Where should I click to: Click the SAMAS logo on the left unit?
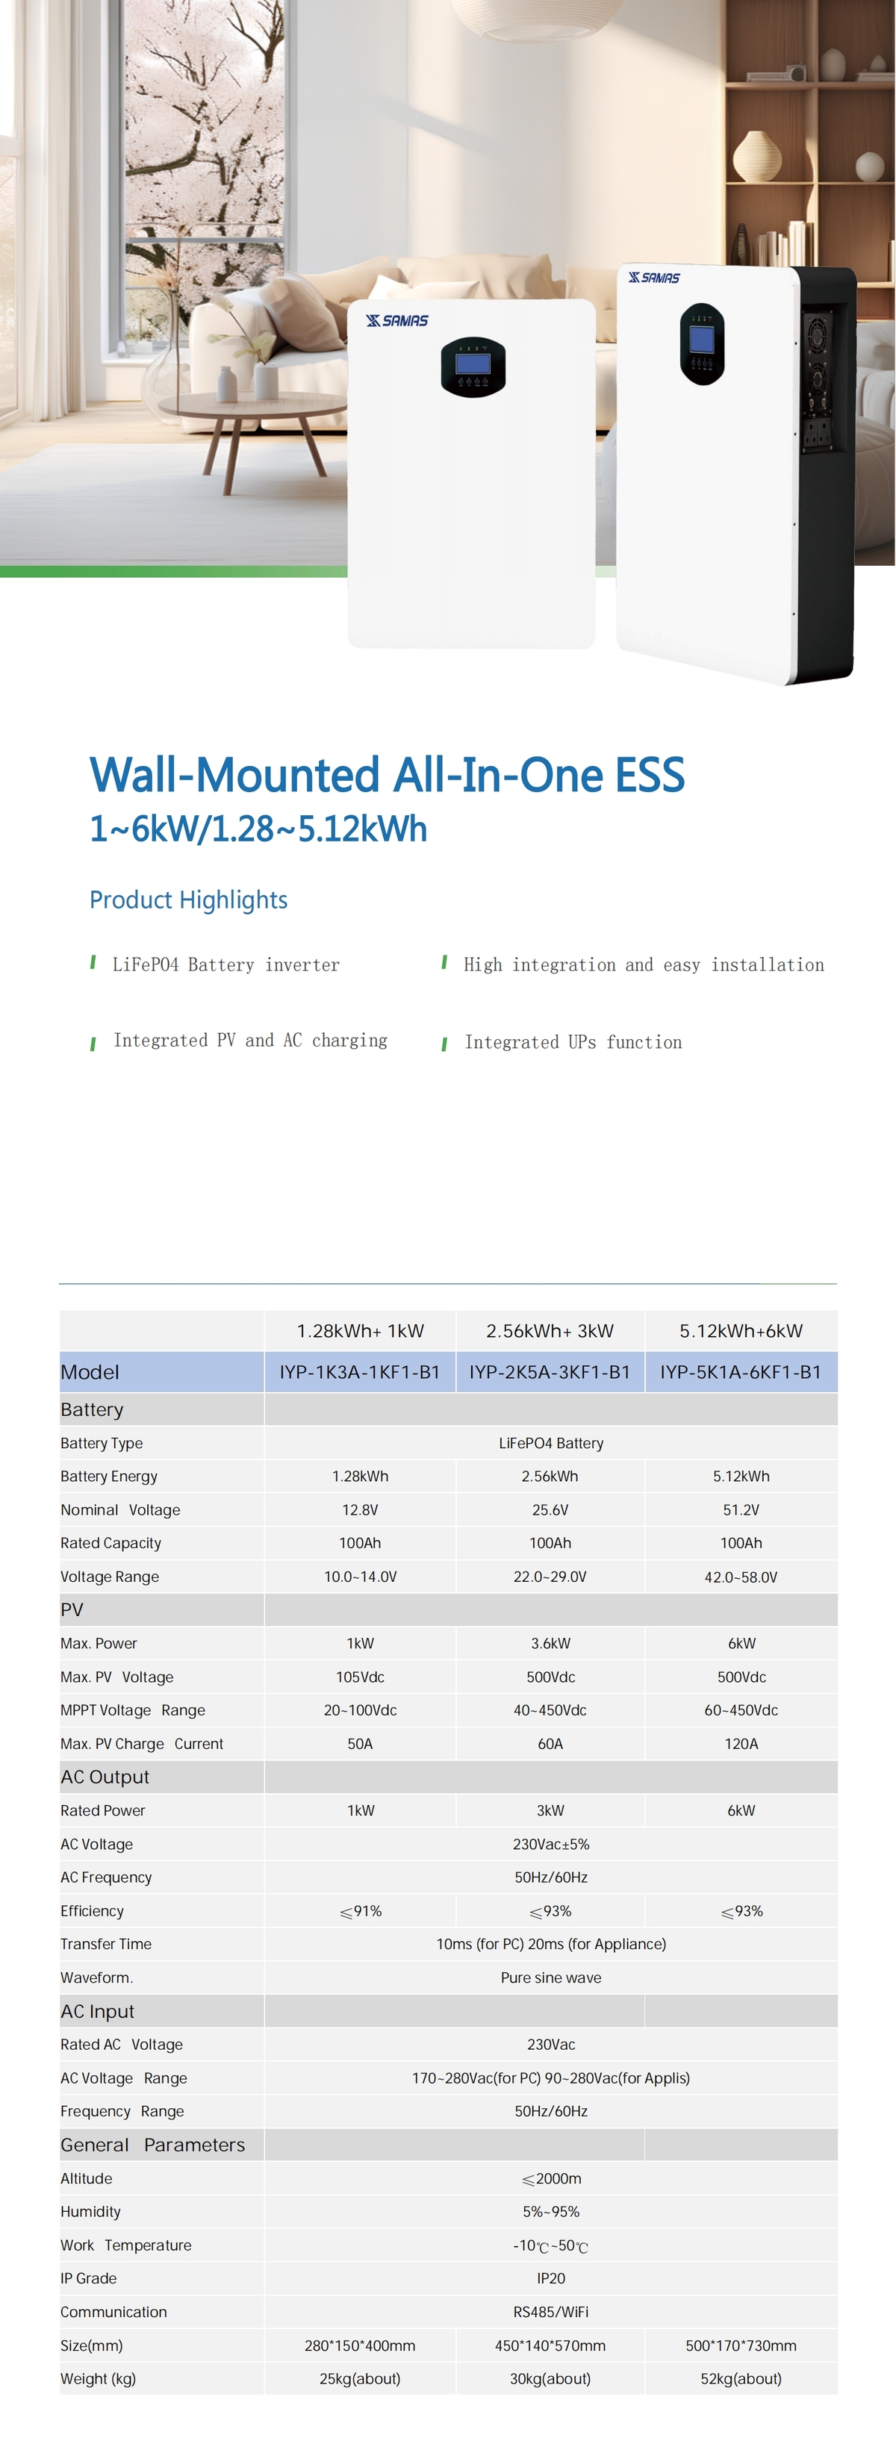click(x=397, y=320)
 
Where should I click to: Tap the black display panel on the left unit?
click(x=473, y=367)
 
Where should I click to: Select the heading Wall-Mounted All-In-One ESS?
click(x=386, y=774)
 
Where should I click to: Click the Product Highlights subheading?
click(x=188, y=900)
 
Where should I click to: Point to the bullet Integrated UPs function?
click(x=573, y=1042)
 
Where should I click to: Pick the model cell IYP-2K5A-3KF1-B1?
click(x=550, y=1371)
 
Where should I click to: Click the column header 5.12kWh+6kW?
click(x=741, y=1330)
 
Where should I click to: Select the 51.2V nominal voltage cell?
click(x=741, y=1509)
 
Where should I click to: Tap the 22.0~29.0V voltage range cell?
click(x=550, y=1576)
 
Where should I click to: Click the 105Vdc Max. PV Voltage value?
click(x=360, y=1677)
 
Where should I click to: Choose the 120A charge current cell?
click(x=741, y=1743)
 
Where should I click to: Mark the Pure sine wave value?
click(x=551, y=1977)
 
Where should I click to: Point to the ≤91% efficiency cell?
click(x=361, y=1911)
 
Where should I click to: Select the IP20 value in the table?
click(x=551, y=2278)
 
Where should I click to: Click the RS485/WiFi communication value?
click(x=551, y=2311)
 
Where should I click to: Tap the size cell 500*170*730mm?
click(x=741, y=2345)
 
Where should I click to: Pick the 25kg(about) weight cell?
click(x=360, y=2378)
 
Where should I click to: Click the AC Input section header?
click(x=97, y=2010)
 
